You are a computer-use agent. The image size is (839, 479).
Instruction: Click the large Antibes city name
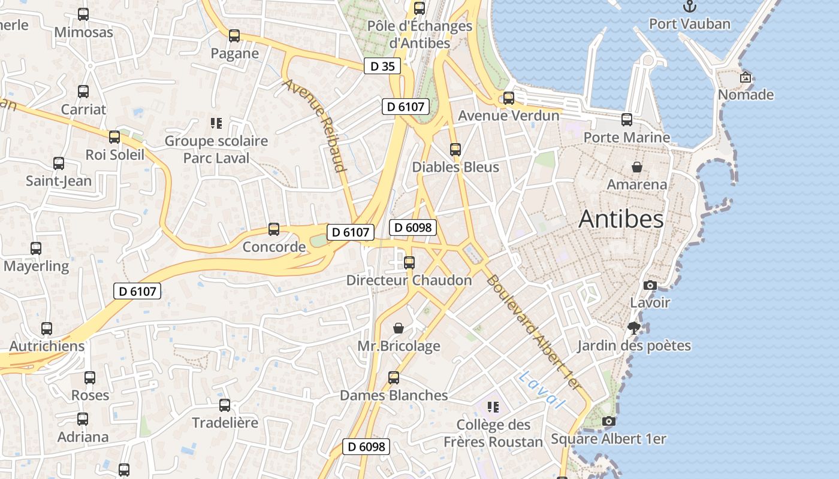621,220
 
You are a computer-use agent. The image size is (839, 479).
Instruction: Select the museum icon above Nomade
746,77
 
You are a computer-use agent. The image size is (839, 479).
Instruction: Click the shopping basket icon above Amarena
636,167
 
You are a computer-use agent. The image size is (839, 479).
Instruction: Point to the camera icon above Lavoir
650,285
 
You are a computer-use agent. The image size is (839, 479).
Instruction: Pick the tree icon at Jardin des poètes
634,328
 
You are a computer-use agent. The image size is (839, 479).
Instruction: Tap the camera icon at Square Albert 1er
608,422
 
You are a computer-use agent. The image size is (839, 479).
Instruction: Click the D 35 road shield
382,66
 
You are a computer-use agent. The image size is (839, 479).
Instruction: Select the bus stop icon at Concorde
274,229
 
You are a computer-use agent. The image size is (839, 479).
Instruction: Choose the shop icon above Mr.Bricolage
399,328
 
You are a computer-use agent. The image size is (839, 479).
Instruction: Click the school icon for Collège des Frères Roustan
493,408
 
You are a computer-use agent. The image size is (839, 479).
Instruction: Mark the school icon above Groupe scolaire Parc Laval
216,124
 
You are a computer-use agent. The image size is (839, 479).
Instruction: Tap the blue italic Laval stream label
542,390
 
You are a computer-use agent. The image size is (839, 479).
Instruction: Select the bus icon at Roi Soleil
114,137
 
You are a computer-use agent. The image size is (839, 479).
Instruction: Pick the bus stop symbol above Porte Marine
627,120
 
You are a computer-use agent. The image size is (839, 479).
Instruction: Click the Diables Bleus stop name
455,167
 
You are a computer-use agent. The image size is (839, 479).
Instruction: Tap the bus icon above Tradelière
225,405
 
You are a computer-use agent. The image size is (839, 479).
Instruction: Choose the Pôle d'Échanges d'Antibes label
419,34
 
